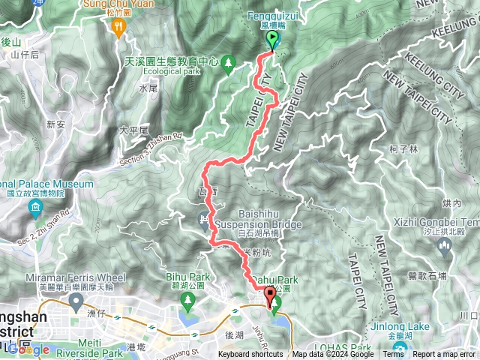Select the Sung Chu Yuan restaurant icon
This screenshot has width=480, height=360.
point(118,28)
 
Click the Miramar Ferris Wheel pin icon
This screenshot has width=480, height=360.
point(76,301)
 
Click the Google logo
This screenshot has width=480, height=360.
point(28,349)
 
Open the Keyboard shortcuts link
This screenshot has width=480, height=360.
point(250,355)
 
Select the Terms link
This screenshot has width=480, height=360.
point(392,355)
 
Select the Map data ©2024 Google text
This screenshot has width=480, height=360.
point(333,355)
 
